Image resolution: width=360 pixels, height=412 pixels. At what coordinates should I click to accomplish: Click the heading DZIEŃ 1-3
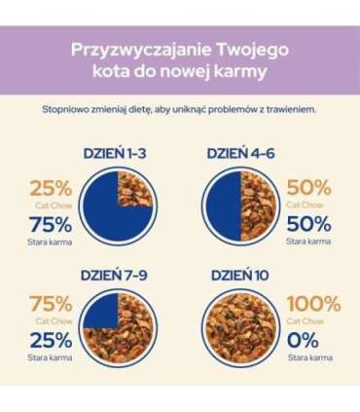[x=118, y=153]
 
